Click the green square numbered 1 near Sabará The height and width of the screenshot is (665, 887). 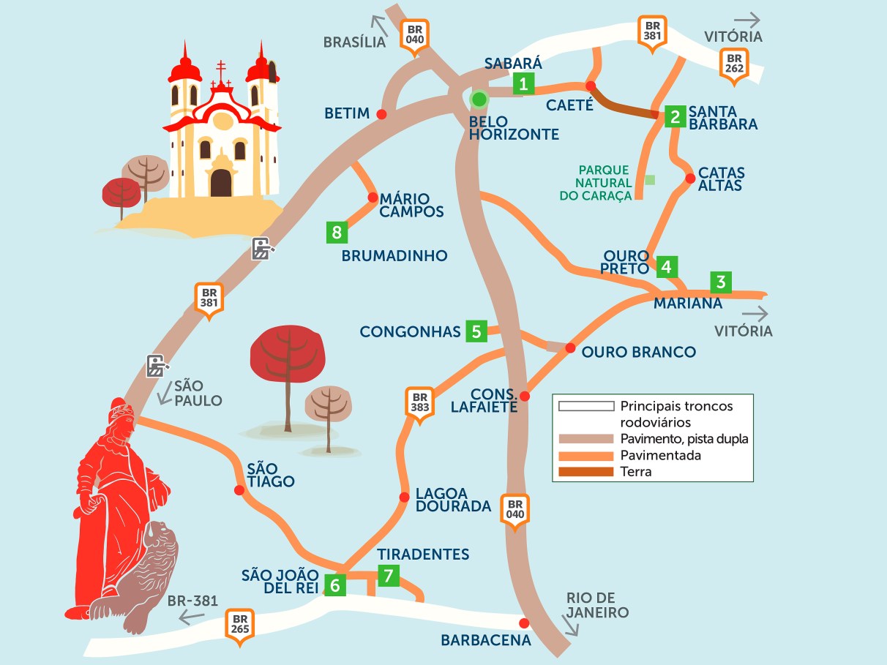coord(523,83)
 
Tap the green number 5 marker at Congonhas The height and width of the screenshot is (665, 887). coord(476,331)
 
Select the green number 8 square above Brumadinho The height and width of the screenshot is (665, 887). coord(337,233)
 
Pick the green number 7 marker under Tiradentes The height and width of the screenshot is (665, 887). coord(388,576)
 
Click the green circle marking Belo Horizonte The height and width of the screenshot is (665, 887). coord(479,99)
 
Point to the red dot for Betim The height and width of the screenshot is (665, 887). coord(381,113)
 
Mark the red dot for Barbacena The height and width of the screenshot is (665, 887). coord(523,623)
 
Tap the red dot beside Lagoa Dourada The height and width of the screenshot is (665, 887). coord(404,497)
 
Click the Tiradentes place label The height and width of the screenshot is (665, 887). coord(423,555)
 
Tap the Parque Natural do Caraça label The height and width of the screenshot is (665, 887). coord(603,183)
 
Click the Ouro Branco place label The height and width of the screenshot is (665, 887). coord(638,353)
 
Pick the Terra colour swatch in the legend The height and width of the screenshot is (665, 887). coord(585,472)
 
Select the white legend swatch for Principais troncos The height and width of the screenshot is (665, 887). coord(585,406)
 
